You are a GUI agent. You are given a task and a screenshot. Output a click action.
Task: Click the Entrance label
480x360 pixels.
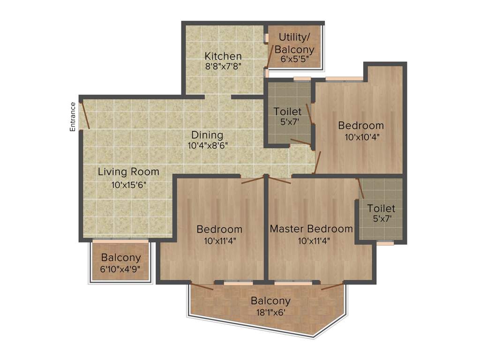[73, 117]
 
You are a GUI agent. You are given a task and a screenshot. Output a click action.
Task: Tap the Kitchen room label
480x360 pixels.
[223, 56]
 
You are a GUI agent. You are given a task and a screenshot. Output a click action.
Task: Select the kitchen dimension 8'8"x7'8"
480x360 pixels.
[223, 67]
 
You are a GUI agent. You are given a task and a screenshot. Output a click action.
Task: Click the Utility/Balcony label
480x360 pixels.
[294, 43]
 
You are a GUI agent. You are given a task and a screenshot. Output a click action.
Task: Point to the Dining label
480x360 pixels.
[207, 135]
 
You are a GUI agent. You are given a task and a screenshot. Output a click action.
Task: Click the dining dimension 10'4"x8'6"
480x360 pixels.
[208, 145]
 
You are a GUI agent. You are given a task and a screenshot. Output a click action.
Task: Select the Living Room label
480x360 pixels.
[128, 172]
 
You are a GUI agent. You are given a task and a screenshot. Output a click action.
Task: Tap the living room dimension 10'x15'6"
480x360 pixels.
[129, 185]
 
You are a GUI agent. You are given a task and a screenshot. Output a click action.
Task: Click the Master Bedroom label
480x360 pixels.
[311, 229]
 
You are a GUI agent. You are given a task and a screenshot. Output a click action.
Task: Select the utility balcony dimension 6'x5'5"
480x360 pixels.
[294, 60]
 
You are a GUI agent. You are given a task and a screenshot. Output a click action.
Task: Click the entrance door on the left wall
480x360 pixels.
[85, 114]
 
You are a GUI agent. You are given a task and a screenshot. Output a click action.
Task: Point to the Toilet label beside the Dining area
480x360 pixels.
[287, 112]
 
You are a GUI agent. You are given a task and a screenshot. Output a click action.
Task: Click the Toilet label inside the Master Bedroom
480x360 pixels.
[381, 208]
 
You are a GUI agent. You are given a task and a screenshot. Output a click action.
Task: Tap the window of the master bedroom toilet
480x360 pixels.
[385, 243]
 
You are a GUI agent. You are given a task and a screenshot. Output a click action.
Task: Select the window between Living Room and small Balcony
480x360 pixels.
[120, 240]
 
